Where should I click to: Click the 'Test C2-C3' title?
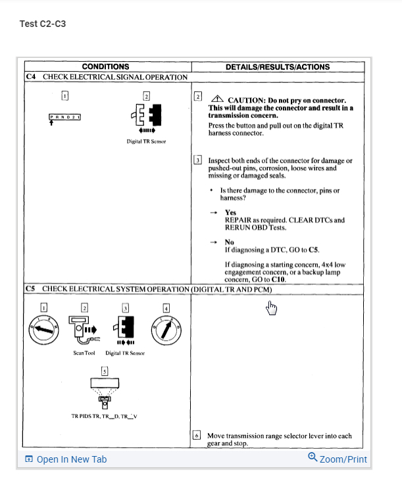click(x=43, y=24)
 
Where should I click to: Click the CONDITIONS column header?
click(x=105, y=66)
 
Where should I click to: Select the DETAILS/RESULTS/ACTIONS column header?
click(x=278, y=66)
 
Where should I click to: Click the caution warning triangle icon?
click(x=216, y=99)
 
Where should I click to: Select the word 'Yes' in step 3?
click(x=230, y=213)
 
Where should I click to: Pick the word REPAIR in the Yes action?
click(x=238, y=220)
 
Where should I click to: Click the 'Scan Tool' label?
click(x=84, y=353)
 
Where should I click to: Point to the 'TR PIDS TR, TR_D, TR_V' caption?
click(x=105, y=416)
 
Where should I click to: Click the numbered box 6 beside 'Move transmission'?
click(x=196, y=436)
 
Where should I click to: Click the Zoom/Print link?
click(x=338, y=459)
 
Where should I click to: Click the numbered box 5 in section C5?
click(x=104, y=371)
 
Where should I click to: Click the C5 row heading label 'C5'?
click(x=30, y=289)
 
